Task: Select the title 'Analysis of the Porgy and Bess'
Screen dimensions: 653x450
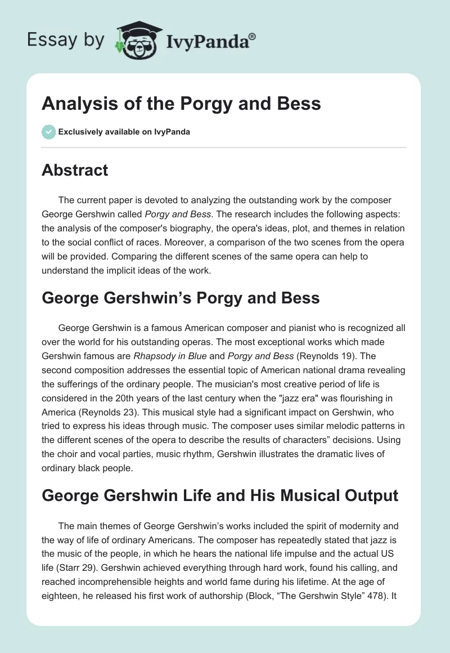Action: tap(181, 104)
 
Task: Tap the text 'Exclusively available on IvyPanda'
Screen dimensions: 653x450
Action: tap(124, 132)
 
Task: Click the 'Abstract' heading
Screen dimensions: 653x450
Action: tap(75, 171)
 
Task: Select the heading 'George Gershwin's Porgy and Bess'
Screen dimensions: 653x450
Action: tap(181, 298)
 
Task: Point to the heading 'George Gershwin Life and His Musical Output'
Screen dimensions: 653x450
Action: tap(220, 496)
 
